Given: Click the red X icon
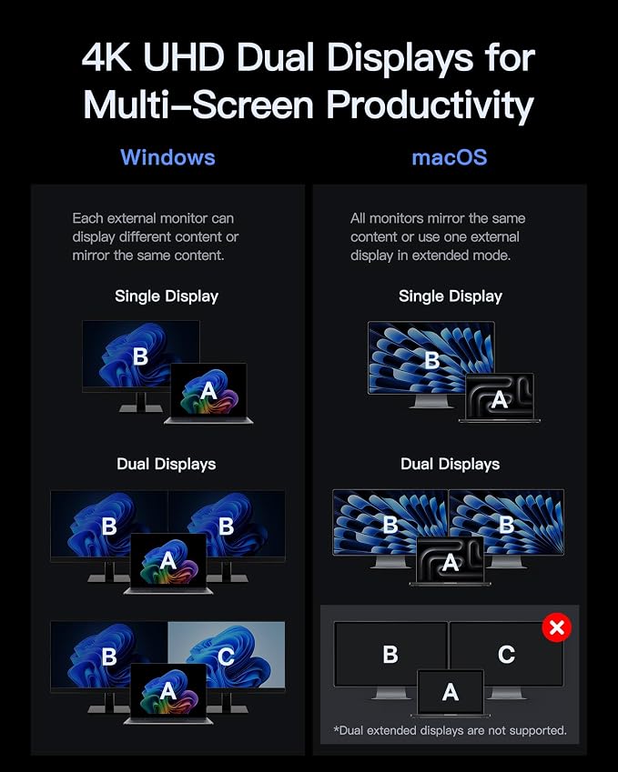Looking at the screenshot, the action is point(556,627).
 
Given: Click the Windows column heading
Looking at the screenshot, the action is point(167,157).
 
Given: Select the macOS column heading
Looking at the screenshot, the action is point(450,157).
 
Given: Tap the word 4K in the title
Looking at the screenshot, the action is point(106,57).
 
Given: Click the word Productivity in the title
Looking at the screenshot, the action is point(431,105).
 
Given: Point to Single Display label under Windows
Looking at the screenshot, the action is point(167,296).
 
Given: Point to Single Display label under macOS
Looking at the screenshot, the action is point(451,296).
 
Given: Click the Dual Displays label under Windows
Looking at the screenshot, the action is point(167,465).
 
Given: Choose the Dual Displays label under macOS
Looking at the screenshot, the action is point(451,465).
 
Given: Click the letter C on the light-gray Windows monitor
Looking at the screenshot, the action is point(226,657).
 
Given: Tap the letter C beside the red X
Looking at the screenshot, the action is point(506,655).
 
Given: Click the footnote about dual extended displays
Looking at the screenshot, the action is point(450,730).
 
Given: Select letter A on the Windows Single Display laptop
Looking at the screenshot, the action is point(208,391).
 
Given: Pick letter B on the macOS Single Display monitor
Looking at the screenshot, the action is point(432,360).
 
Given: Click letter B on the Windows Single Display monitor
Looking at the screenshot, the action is point(140,356).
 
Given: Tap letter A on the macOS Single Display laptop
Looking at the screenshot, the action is point(500,400).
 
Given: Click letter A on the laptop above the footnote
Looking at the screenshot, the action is point(451,693).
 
